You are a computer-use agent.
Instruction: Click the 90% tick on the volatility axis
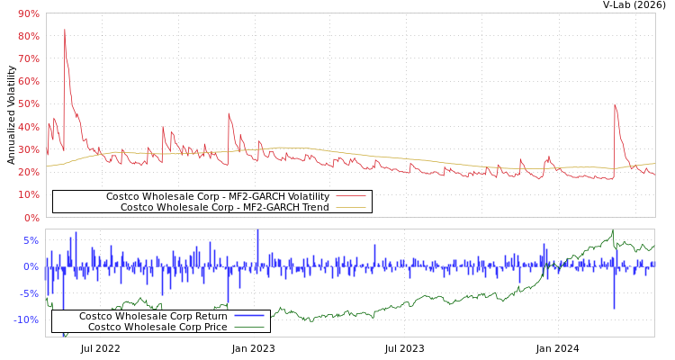[28, 13]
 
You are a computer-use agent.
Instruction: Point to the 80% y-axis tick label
[28, 36]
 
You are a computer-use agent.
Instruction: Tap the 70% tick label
[28, 58]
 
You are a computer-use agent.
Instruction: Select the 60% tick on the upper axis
[28, 81]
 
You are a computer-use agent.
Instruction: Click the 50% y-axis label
[28, 104]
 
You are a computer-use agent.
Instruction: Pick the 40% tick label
[28, 127]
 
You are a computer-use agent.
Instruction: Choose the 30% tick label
[28, 149]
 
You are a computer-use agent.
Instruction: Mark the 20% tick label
[28, 172]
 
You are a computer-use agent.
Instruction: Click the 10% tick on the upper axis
[28, 194]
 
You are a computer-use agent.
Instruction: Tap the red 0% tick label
[31, 218]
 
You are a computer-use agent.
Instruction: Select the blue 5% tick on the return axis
[31, 240]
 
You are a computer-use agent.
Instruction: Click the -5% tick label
[30, 293]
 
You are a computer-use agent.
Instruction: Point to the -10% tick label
[27, 319]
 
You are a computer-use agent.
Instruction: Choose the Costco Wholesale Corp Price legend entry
[157, 327]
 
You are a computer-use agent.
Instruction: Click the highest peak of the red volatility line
[64, 30]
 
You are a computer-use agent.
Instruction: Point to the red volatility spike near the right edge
[615, 104]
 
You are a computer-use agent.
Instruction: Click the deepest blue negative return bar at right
[615, 308]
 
